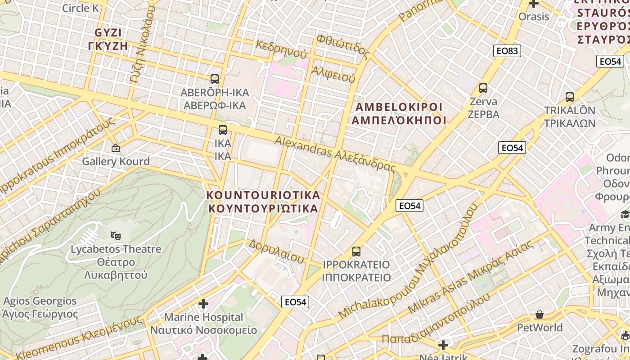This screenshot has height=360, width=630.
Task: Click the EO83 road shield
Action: tap(507, 51)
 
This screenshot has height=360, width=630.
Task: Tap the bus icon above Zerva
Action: tap(483, 88)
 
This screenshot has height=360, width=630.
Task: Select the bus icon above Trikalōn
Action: tap(570, 97)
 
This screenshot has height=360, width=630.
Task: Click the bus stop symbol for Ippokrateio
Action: tap(356, 251)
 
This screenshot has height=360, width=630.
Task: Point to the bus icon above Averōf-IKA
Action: tap(215, 79)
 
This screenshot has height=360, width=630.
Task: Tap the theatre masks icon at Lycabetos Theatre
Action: tap(116, 235)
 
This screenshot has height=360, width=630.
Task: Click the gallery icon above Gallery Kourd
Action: tap(116, 148)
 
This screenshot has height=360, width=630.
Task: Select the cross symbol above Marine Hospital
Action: tap(203, 304)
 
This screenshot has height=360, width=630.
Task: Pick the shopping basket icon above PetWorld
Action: tap(540, 314)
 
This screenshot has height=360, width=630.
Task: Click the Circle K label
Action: tap(80, 8)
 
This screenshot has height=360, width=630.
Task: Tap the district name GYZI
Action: tap(108, 33)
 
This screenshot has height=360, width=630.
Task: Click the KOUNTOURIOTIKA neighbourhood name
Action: tap(263, 195)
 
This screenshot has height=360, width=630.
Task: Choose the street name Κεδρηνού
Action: tap(281, 50)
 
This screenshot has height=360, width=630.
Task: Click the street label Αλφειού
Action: tap(333, 74)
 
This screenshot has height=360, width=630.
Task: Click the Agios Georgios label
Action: tap(40, 301)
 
